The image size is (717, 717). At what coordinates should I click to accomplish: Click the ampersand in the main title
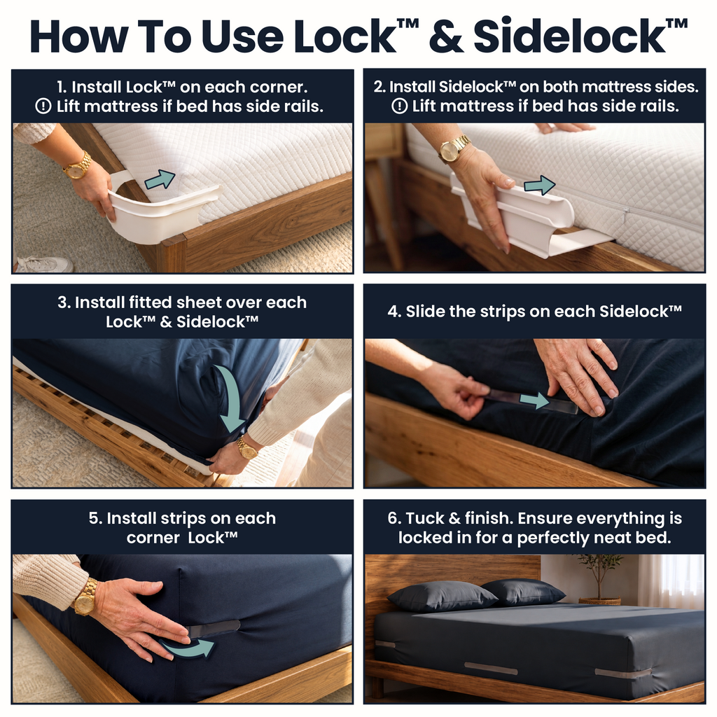pyautogui.click(x=446, y=36)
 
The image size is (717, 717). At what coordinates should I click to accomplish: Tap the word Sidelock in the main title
pyautogui.click(x=569, y=36)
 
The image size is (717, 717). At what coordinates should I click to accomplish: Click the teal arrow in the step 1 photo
pyautogui.click(x=160, y=179)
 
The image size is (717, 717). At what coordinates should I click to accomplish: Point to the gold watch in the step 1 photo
pyautogui.click(x=77, y=166)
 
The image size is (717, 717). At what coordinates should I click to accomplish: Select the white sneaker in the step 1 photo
pyautogui.click(x=44, y=264)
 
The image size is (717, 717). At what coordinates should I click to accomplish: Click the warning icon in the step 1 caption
pyautogui.click(x=43, y=106)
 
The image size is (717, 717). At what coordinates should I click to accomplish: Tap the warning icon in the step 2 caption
pyautogui.click(x=399, y=106)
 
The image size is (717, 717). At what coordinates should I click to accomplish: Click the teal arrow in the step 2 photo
pyautogui.click(x=540, y=185)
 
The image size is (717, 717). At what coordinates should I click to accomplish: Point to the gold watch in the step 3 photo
pyautogui.click(x=247, y=448)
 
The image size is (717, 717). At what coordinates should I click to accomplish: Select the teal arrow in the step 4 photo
pyautogui.click(x=534, y=400)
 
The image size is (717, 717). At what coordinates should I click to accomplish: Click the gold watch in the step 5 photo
pyautogui.click(x=85, y=597)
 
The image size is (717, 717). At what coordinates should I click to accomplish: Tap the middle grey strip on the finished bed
pyautogui.click(x=491, y=669)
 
